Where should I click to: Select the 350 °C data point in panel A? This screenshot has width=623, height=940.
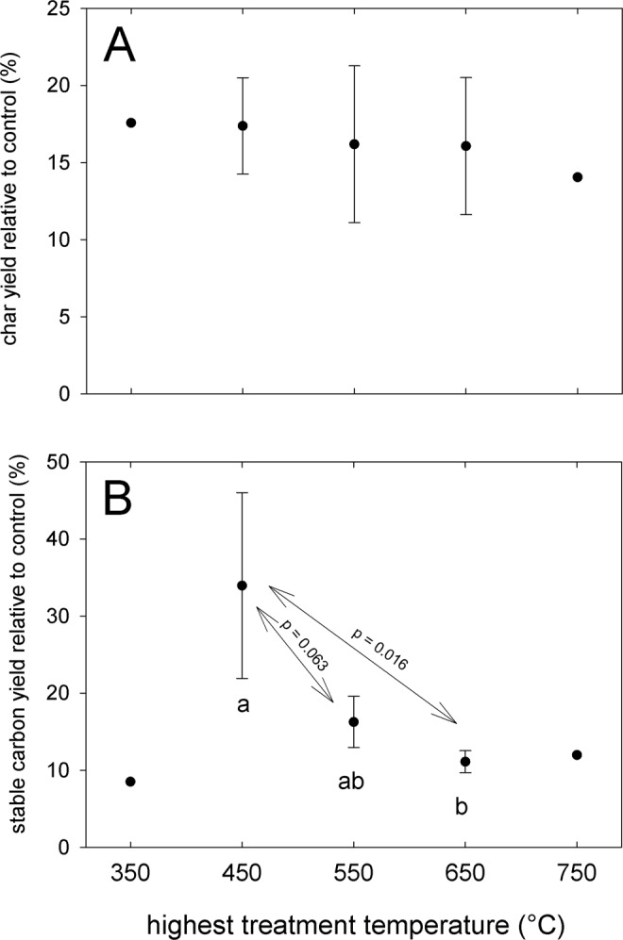point(131,123)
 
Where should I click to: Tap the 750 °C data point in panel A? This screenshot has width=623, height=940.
point(577,177)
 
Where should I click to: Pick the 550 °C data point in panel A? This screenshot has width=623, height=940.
point(354,144)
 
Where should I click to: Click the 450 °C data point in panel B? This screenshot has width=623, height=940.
point(243,585)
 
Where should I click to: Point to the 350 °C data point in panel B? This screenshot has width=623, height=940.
point(131,782)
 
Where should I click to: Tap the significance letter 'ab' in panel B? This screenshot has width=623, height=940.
point(352,782)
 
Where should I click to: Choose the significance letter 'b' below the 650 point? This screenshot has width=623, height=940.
point(463,808)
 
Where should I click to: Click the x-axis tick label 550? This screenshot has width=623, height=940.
point(354,874)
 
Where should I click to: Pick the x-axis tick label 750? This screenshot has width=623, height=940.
point(577,874)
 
